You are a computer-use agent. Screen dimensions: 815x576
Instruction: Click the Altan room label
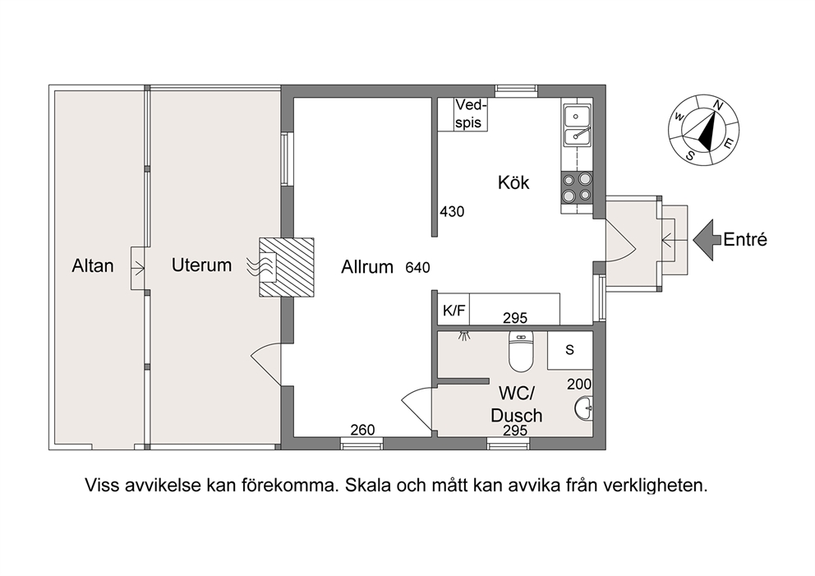93,266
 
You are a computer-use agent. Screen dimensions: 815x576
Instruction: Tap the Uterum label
201,265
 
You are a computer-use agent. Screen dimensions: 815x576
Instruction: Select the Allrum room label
367,267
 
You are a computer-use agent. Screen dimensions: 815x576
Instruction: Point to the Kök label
513,182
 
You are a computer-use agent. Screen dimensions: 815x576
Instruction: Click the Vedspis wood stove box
463,114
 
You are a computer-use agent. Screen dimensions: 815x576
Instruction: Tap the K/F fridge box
454,310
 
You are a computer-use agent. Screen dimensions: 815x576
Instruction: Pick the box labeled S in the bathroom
570,350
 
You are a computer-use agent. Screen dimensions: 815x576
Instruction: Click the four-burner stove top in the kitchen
577,187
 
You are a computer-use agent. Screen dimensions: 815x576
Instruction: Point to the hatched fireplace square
287,267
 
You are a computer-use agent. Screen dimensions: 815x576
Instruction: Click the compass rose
703,131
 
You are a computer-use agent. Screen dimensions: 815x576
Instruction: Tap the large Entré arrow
707,240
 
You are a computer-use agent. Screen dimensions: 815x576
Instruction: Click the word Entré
745,240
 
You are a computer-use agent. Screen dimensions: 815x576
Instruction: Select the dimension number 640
418,268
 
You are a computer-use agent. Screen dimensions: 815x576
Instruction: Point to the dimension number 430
452,212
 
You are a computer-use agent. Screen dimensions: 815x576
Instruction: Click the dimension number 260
363,430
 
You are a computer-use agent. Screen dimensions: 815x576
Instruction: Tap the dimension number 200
579,385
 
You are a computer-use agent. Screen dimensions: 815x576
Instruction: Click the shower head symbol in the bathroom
464,334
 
